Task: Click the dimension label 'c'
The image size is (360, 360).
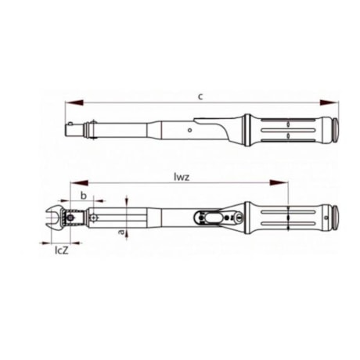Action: [x=200, y=96]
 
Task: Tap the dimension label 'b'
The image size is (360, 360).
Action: [x=84, y=193]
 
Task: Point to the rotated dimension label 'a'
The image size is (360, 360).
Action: [x=121, y=232]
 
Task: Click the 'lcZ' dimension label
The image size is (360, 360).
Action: [x=59, y=251]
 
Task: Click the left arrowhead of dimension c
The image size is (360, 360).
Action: [x=71, y=103]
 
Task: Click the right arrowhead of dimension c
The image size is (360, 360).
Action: [x=330, y=103]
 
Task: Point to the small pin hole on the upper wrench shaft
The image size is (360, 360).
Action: [x=190, y=123]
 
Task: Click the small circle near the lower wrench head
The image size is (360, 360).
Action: [x=94, y=217]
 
